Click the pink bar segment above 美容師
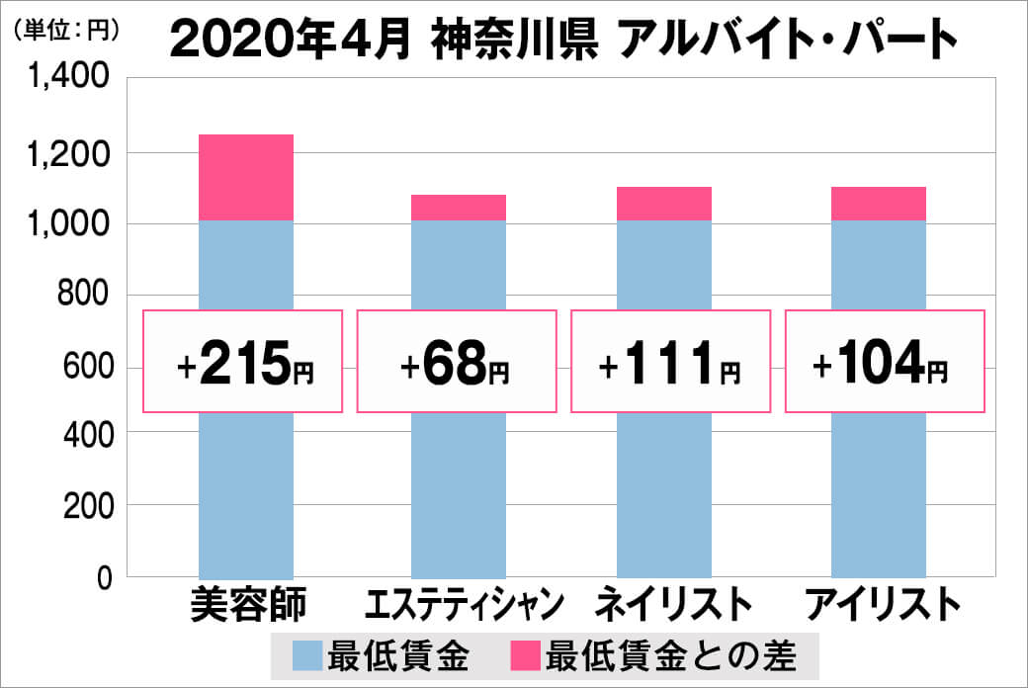[246, 177]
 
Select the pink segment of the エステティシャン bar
[458, 208]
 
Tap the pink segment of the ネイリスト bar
[664, 204]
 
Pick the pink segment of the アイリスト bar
[878, 204]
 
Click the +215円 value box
[243, 362]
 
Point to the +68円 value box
[457, 362]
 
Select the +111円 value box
[669, 362]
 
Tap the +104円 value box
[885, 362]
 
